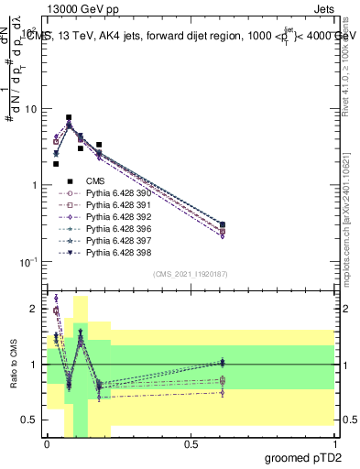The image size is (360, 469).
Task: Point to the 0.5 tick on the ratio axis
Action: click(x=30, y=420)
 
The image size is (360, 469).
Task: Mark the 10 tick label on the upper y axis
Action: click(x=29, y=109)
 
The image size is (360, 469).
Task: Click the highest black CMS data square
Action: click(x=69, y=118)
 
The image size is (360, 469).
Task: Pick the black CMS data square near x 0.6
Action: click(x=223, y=224)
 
